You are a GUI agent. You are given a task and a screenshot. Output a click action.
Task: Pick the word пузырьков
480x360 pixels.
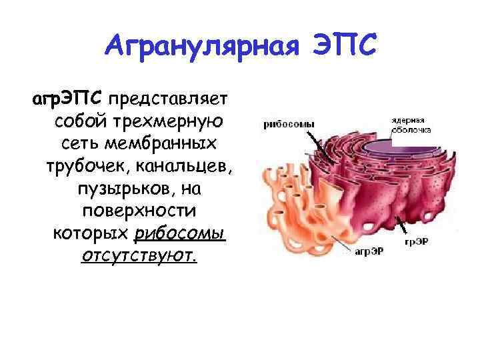click(x=118, y=189)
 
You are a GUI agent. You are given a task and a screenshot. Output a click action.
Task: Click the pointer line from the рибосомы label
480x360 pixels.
click(x=320, y=143)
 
